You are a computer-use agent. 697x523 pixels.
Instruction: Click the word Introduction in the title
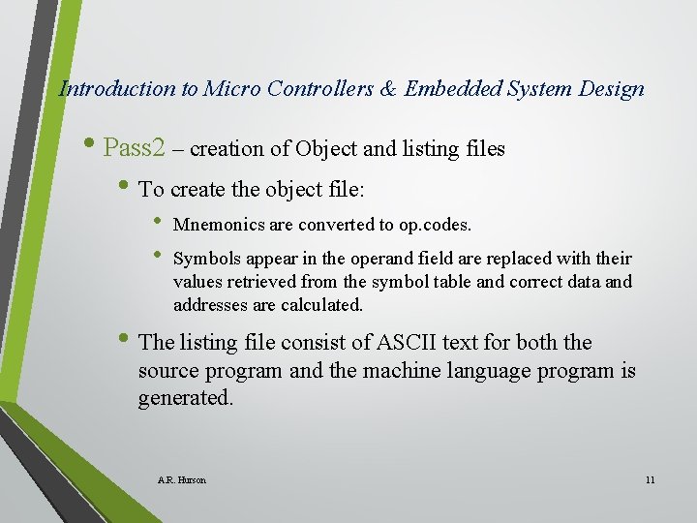pos(117,89)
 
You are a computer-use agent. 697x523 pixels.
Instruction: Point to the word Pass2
pos(135,148)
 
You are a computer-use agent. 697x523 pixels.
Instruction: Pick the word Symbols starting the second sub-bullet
pos(205,259)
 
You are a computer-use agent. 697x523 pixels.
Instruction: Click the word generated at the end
pos(185,398)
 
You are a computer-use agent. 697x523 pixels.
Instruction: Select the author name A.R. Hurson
pos(181,479)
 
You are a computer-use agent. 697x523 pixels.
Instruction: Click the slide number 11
pos(650,479)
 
